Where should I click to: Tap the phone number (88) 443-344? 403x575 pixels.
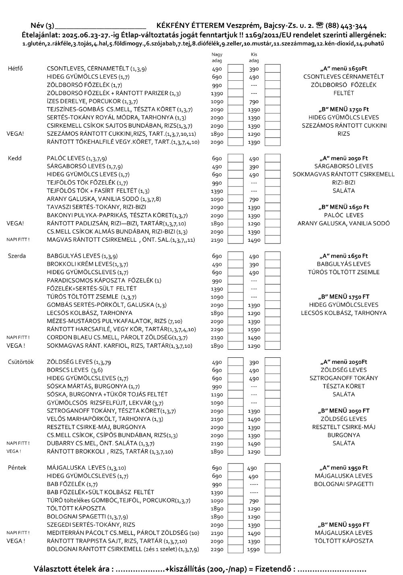click(345, 25)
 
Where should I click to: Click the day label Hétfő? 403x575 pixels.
click(15, 69)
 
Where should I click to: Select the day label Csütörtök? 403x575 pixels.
click(21, 362)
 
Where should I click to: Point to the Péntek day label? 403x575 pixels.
click(17, 468)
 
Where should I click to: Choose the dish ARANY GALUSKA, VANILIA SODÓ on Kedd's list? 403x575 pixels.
click(104, 199)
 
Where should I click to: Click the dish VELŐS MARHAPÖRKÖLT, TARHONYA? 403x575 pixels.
click(105, 419)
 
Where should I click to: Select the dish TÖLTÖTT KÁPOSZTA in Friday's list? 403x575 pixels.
click(76, 508)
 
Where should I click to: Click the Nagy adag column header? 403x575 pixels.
click(217, 57)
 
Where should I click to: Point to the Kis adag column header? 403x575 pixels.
click(254, 57)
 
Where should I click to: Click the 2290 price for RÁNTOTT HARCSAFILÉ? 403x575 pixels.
click(217, 329)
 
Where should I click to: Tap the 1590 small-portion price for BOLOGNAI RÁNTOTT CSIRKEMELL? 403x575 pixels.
click(254, 549)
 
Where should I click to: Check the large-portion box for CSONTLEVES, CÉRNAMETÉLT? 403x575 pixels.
click(235, 69)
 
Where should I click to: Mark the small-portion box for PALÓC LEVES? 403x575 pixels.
click(272, 158)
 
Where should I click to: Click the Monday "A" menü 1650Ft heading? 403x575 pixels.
click(343, 69)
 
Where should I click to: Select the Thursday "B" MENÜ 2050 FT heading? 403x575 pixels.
click(343, 411)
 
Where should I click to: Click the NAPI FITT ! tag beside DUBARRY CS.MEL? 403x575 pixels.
click(18, 443)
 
